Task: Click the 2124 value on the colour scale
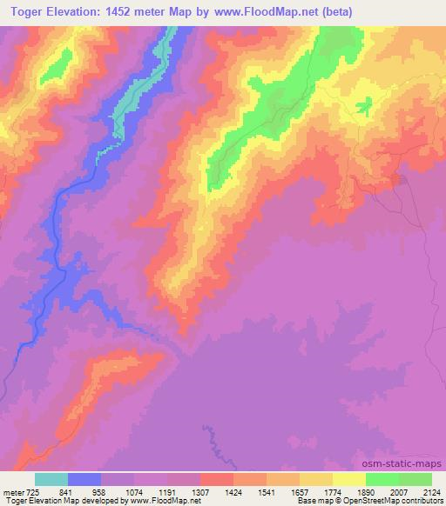click(433, 491)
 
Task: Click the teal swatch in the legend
click(51, 479)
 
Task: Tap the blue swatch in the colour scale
click(84, 479)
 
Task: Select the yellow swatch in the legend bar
click(349, 479)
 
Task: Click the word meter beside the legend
click(11, 491)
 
